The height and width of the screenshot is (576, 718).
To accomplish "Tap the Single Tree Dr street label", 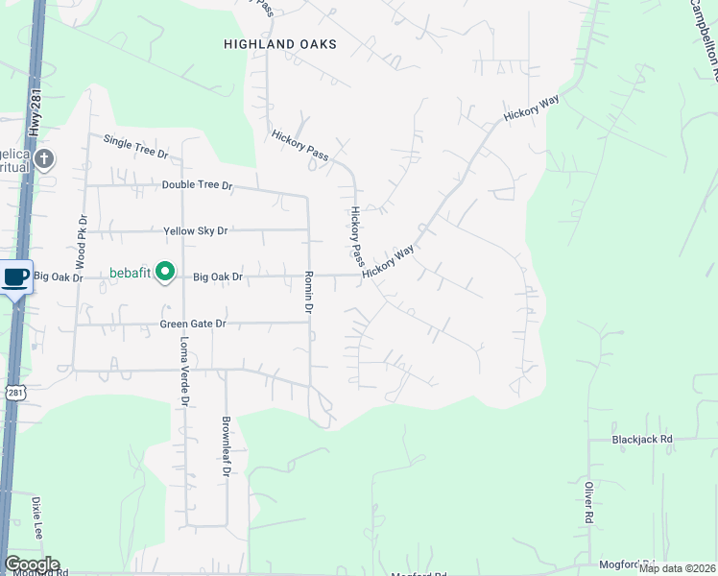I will click(135, 147).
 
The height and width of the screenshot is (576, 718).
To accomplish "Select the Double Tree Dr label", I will click(198, 185).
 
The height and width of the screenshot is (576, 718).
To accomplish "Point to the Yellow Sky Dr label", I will click(195, 230).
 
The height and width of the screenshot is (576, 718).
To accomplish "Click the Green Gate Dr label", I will click(193, 324).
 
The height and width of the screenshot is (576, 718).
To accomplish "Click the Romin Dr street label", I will click(309, 292).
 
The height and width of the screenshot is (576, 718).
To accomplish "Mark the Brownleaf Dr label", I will click(227, 447).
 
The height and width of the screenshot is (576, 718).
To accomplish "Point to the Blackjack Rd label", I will click(642, 440).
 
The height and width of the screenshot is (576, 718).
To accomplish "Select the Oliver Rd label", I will click(588, 502).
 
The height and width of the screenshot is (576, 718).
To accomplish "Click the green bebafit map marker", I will click(165, 274).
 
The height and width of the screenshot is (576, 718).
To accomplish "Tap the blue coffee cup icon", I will click(15, 277).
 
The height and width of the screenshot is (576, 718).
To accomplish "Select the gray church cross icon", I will click(45, 156).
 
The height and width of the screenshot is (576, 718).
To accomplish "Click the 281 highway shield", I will click(14, 392).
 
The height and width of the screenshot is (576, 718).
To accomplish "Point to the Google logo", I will click(31, 564).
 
